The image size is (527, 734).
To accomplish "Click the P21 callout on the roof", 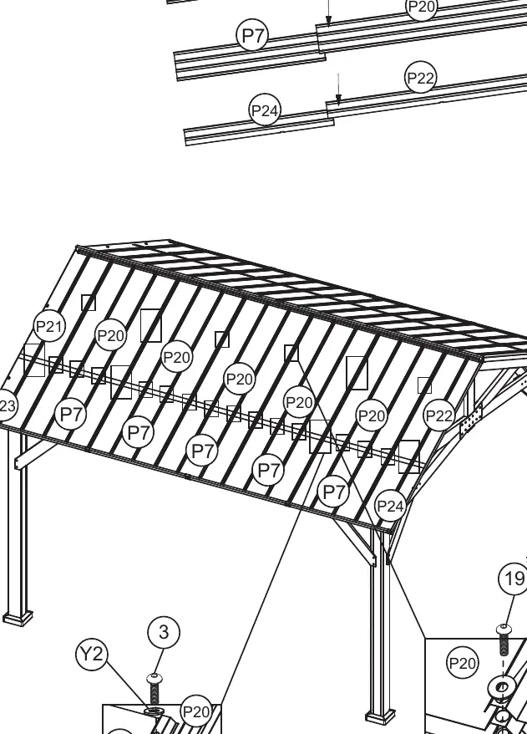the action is [49, 326].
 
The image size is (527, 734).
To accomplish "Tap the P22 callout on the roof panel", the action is [439, 415].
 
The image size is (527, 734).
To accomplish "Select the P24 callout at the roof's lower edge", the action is [391, 506].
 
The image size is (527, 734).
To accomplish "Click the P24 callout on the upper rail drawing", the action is [265, 110].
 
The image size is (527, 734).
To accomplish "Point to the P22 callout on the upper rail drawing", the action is [420, 77].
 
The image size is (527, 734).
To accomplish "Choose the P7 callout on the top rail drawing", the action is [253, 35].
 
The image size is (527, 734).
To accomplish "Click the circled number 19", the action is [514, 579].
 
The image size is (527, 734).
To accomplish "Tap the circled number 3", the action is [163, 632].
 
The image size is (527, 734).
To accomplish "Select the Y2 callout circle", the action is [92, 654].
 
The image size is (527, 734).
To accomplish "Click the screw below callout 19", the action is [503, 640].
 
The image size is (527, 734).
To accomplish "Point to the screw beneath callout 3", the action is [155, 688].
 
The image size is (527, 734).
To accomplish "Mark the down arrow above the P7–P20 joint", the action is [329, 13].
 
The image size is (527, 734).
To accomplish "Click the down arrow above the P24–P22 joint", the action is [338, 88].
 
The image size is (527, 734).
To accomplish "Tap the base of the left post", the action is [18, 618].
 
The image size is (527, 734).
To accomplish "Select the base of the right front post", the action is [379, 717].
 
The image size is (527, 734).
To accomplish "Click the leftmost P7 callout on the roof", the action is [71, 415].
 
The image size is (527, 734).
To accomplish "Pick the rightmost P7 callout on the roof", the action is [333, 492].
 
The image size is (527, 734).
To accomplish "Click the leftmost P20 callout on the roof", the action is [111, 335].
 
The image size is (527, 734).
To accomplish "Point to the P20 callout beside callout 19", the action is [463, 663].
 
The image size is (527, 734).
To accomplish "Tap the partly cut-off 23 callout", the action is [7, 405].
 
